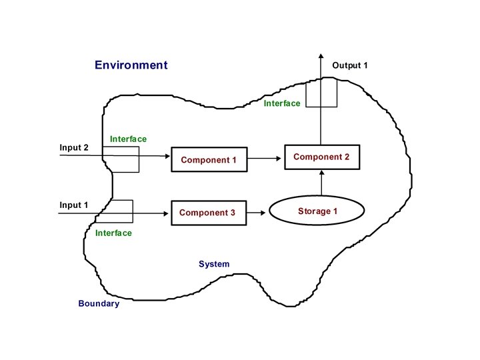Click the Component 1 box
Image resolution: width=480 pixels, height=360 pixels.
pyautogui.click(x=209, y=160)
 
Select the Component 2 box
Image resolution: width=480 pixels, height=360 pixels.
pyautogui.click(x=322, y=157)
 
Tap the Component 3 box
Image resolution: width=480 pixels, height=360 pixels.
pyautogui.click(x=209, y=213)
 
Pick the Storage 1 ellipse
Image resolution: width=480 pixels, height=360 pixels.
pyautogui.click(x=317, y=211)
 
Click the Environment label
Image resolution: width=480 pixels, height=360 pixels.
pyautogui.click(x=131, y=65)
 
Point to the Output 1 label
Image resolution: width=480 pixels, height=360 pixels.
pyautogui.click(x=350, y=65)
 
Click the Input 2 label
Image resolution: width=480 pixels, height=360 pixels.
pyautogui.click(x=74, y=147)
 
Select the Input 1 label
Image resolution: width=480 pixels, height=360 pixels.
pyautogui.click(x=74, y=205)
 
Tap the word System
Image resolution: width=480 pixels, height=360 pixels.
pyautogui.click(x=214, y=264)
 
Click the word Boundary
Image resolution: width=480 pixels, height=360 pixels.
pyautogui.click(x=99, y=304)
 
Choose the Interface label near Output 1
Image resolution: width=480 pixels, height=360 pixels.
pyautogui.click(x=282, y=103)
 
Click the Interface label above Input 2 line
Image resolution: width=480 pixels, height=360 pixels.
pyautogui.click(x=128, y=139)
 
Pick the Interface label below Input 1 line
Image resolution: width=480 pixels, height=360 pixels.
pyautogui.click(x=113, y=233)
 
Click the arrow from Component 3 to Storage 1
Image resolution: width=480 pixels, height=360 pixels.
pyautogui.click(x=257, y=213)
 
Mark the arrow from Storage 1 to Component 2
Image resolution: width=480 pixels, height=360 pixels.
pyautogui.click(x=321, y=183)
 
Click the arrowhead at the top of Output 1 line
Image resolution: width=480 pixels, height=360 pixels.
pyautogui.click(x=321, y=57)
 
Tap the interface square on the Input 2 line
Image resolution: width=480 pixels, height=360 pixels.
pyautogui.click(x=121, y=159)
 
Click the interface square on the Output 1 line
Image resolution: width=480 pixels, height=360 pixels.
pyautogui.click(x=321, y=92)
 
